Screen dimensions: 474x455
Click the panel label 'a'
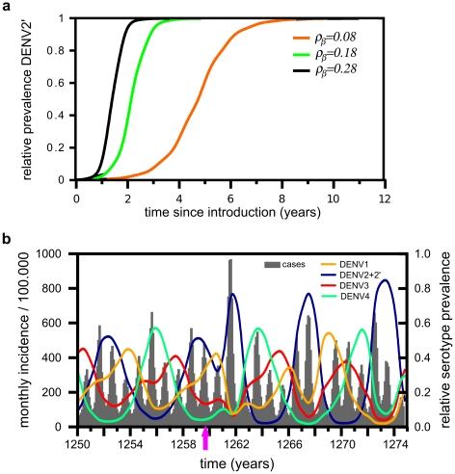(8, 8)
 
